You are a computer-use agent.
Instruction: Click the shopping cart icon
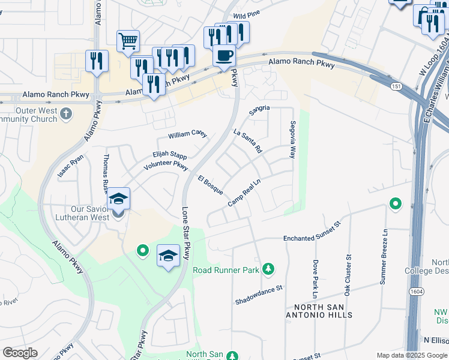coord(128,41)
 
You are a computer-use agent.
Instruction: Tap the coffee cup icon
coord(224,56)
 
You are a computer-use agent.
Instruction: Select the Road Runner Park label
coord(226,270)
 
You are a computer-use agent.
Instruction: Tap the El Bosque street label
coord(211,185)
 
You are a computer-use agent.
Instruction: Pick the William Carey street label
coord(187,134)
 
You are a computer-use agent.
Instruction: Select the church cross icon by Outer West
coord(65,113)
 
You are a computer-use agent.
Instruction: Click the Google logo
coord(20,353)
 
